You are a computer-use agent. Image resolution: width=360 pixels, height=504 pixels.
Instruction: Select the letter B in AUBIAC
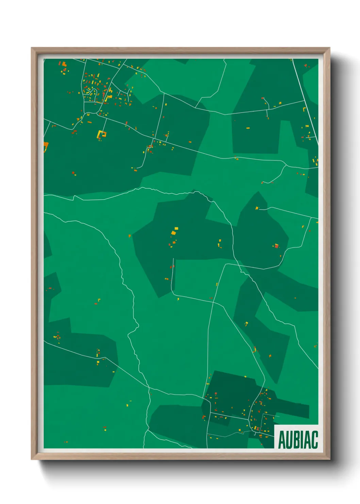coord(296,440)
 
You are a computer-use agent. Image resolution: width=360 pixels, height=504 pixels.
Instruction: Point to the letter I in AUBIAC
coord(302,440)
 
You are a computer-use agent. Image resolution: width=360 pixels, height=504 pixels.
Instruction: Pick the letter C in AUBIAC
coord(314,440)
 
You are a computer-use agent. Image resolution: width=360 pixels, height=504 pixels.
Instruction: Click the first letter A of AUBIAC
coord(282,440)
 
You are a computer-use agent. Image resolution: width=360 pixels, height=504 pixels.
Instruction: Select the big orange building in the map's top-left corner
coord(63,64)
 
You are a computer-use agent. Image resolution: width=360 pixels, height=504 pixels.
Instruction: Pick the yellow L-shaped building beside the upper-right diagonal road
coord(304,109)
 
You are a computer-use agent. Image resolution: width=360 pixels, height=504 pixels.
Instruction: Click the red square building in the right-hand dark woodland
coord(277,246)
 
